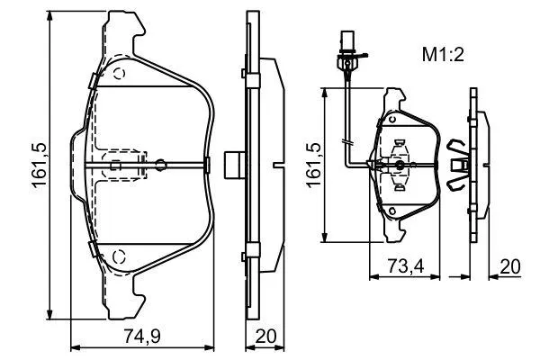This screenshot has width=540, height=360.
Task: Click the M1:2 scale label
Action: coord(443,55)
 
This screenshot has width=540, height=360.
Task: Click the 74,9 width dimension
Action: coord(142,336)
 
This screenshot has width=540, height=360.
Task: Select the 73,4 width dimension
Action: coord(406,266)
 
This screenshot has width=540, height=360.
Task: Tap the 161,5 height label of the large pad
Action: coord(40,165)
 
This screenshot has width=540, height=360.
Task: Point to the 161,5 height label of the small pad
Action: coord(313,165)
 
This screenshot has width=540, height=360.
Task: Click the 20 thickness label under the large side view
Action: coord(265,336)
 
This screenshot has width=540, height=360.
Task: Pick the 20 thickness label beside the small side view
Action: coord(510,266)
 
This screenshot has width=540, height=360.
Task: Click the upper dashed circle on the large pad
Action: coord(119,74)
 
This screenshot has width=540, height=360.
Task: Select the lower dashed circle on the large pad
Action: coord(119,256)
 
